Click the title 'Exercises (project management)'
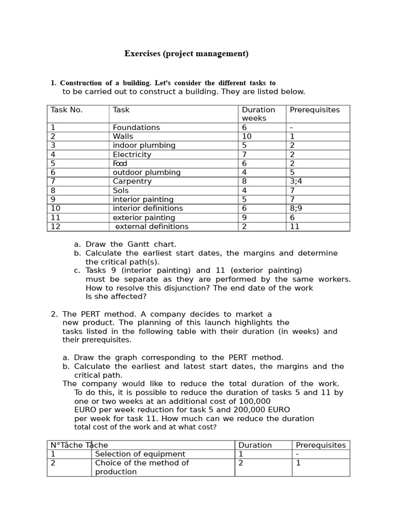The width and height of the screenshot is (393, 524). pos(186,54)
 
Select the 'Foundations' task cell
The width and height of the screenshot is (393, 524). pos(136,127)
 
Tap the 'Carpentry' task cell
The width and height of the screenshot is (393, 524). pos(132,182)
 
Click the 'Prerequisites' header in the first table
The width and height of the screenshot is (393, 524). pos(315,110)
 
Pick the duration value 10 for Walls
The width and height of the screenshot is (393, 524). pos(247,137)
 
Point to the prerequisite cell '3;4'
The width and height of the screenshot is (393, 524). pos(296,182)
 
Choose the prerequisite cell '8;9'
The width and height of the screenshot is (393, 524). pos(296,209)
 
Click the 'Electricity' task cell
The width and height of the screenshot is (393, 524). pos(132,155)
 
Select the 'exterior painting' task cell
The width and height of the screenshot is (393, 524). pos(144,218)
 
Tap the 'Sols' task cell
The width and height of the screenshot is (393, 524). pos(121,191)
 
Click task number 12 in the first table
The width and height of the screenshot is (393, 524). pos(55,227)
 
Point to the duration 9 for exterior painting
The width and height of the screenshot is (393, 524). pos(244,218)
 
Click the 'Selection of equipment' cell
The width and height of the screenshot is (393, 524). pos(140,454)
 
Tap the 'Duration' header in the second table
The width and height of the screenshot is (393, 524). pos(255,446)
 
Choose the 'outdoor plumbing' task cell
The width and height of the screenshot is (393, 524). pos(146,172)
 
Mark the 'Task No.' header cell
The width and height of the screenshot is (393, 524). pos(67,110)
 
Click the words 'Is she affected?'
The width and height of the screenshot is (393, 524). pos(116,297)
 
